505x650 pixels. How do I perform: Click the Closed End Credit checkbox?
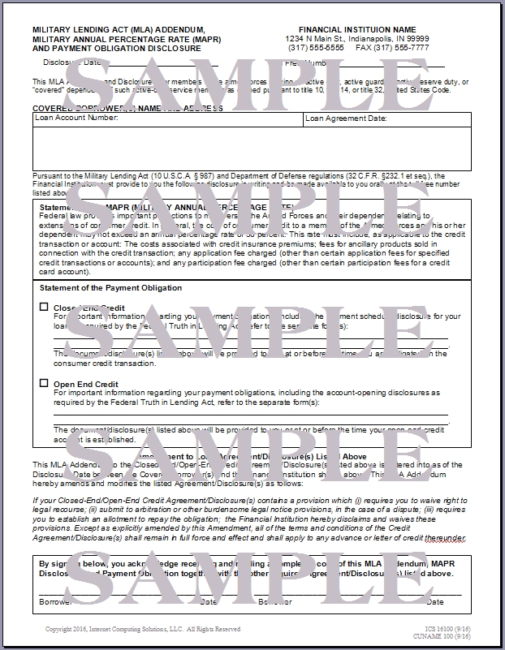[x=44, y=308]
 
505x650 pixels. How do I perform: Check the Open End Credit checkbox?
[x=44, y=383]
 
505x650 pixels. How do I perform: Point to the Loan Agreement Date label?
[x=346, y=118]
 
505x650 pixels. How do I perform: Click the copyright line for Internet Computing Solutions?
[x=142, y=629]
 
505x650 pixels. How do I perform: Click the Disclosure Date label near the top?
[x=73, y=62]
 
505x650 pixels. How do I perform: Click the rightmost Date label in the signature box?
[x=435, y=601]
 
